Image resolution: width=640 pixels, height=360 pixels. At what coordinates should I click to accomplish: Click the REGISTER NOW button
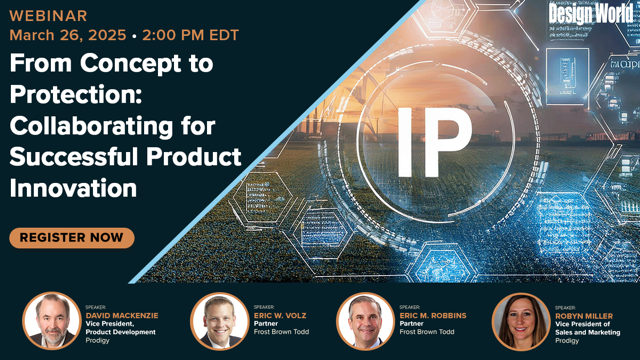click(71, 238)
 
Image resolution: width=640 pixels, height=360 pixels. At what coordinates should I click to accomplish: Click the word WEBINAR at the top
click(48, 15)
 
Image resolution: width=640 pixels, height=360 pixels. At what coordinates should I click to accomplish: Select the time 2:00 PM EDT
click(192, 34)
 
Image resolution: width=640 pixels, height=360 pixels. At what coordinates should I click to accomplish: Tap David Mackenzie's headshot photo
click(51, 321)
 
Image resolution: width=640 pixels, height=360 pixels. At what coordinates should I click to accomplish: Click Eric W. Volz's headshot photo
click(219, 321)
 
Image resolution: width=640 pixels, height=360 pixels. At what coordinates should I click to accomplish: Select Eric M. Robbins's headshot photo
click(365, 321)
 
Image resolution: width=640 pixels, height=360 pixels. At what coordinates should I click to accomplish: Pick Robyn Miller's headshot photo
click(520, 321)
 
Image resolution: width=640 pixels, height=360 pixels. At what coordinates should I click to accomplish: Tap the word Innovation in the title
click(74, 187)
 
